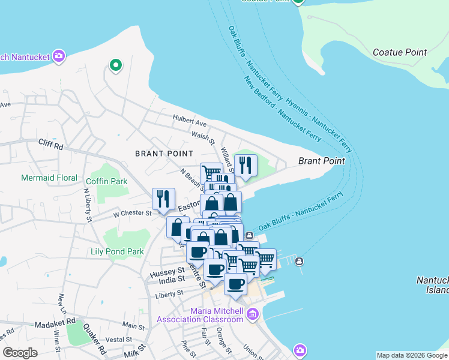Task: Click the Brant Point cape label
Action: pyautogui.click(x=322, y=161)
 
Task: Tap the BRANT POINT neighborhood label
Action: pyautogui.click(x=164, y=154)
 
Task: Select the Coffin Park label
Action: pyautogui.click(x=107, y=181)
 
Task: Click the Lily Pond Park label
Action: pyautogui.click(x=117, y=252)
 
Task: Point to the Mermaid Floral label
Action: pyautogui.click(x=49, y=178)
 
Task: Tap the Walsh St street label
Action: pyautogui.click(x=203, y=139)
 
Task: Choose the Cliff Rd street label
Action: pyautogui.click(x=50, y=145)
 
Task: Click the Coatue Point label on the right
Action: pyautogui.click(x=399, y=52)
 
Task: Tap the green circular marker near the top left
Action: pyautogui.click(x=115, y=65)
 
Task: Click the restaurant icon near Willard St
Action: pyautogui.click(x=245, y=166)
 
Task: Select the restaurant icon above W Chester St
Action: pyautogui.click(x=163, y=199)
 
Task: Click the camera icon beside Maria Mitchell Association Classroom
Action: pyautogui.click(x=253, y=314)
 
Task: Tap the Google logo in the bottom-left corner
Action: pyautogui.click(x=20, y=353)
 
